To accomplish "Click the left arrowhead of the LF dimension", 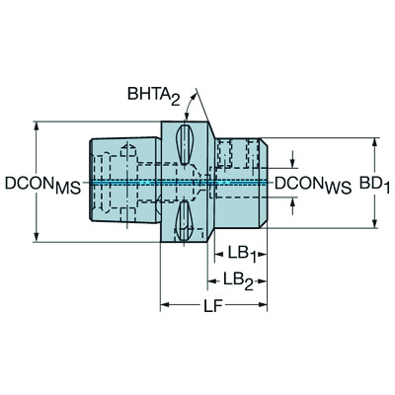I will point(165,302).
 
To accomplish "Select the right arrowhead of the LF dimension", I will point(263,302).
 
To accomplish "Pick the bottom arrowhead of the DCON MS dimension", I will point(37,238).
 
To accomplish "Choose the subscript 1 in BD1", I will point(385,187).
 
